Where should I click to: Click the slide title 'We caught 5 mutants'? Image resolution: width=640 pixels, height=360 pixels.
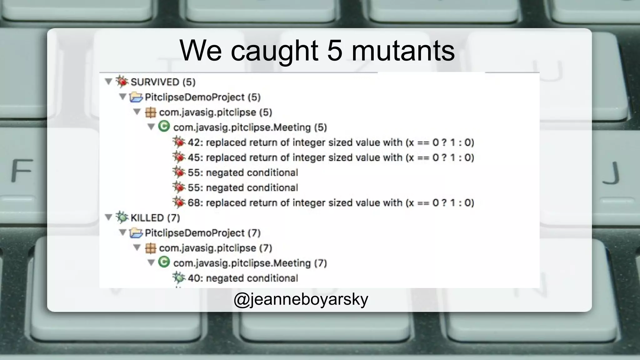pos(317,51)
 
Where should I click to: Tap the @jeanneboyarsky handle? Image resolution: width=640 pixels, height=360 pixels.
pos(301,299)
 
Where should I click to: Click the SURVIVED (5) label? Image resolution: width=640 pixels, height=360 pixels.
pos(163,82)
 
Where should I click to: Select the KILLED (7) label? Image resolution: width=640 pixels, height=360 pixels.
pos(155,218)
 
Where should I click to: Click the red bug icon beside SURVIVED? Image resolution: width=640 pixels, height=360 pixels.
pos(122,82)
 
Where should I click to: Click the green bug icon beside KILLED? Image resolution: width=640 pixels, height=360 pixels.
pos(122,217)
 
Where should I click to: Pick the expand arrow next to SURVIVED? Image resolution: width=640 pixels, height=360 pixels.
pos(108,82)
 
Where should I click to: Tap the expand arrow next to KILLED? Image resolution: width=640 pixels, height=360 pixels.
pos(108,217)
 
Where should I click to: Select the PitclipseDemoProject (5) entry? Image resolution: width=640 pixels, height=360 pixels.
pos(202,97)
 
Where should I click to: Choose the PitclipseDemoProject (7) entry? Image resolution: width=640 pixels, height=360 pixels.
pos(202,233)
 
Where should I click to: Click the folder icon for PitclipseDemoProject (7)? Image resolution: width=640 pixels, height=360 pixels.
pos(136,233)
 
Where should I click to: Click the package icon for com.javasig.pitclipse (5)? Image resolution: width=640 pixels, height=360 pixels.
pos(150,112)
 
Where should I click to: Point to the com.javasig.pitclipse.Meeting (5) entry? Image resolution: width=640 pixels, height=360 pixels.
pos(250,127)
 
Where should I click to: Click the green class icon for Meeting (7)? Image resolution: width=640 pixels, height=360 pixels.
pos(164,262)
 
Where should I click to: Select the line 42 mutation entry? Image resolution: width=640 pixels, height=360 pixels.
pos(331,142)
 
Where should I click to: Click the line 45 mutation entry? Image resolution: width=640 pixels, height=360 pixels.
pos(331,157)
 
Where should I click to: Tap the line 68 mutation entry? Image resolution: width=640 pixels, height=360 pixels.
pos(331,203)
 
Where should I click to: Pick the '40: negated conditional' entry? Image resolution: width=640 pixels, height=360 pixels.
pos(242,278)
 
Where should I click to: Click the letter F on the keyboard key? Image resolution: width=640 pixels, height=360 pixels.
pos(22,170)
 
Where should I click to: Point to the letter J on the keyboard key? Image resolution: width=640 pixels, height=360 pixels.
pos(611,173)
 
